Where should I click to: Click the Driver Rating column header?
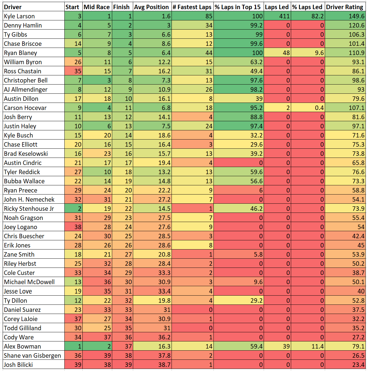pos(345,7)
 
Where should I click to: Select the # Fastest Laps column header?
pos(192,7)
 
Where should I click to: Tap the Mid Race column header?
pos(97,7)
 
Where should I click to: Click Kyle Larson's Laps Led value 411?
pos(284,16)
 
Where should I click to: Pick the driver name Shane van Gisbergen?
pos(32,355)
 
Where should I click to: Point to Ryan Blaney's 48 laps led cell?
pos(286,53)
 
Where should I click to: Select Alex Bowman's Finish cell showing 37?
pos(128,346)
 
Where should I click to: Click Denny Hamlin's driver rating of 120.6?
pos(356,25)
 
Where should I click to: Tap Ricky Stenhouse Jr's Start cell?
pos(79,209)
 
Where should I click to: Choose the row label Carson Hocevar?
pos(25,108)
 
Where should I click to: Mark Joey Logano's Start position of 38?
pos(78,227)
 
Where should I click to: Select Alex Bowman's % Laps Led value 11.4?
pos(318,346)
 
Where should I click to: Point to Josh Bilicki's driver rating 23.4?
pos(358,365)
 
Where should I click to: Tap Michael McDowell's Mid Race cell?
pos(107,282)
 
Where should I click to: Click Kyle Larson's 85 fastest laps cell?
pos(209,16)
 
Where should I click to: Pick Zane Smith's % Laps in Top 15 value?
pos(258,255)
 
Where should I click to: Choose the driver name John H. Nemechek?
pos(29,200)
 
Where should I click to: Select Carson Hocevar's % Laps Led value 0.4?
pos(319,108)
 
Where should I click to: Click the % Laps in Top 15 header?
pos(238,7)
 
